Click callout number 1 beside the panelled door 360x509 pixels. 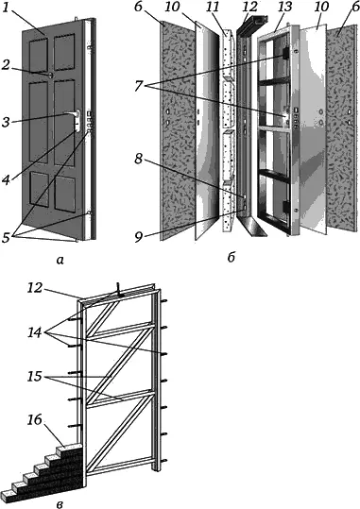(7, 8)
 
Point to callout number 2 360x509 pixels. (6, 65)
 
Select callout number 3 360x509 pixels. (6, 123)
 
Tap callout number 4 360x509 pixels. (7, 180)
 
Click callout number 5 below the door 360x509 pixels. (7, 238)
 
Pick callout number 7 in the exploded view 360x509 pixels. (139, 86)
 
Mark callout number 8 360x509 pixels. (139, 159)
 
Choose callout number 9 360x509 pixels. (139, 237)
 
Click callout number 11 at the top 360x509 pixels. (213, 8)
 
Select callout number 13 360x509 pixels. (284, 8)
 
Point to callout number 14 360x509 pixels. (35, 332)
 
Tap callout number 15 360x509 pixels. (35, 377)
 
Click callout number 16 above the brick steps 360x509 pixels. (35, 419)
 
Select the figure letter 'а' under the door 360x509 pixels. (60, 260)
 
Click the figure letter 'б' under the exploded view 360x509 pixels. (231, 258)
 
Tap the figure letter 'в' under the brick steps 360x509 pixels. (60, 504)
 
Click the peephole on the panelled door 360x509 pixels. (51, 76)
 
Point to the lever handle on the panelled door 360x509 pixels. (74, 113)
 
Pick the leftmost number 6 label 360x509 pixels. (139, 8)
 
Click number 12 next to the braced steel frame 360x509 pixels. (35, 288)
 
